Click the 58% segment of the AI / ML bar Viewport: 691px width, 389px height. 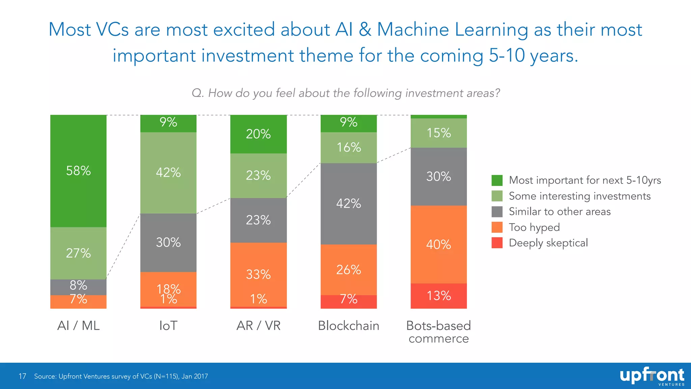coord(78,171)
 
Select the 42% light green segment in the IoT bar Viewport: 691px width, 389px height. coord(168,173)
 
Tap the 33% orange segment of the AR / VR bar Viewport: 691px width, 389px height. coord(258,274)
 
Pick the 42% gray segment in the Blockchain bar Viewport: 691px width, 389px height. coord(349,204)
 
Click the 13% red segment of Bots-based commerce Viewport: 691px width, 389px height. coord(438,296)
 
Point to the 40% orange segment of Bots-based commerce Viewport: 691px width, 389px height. coord(438,244)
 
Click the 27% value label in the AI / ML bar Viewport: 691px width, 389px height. coord(78,253)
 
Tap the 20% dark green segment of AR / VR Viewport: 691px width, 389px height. coord(258,134)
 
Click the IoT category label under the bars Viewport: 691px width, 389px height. coord(168,326)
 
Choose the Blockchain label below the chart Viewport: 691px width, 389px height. coord(349,326)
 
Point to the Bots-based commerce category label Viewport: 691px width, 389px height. coord(438,332)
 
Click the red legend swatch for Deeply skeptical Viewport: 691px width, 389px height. coord(497,243)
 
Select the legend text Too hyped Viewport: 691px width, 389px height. coord(534,227)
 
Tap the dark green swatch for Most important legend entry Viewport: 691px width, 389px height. coord(497,180)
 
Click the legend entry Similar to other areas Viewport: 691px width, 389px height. coord(559,212)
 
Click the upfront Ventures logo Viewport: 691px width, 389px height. coord(652,376)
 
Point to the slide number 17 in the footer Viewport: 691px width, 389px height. coord(22,376)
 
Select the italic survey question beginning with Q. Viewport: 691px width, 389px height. coord(345,93)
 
